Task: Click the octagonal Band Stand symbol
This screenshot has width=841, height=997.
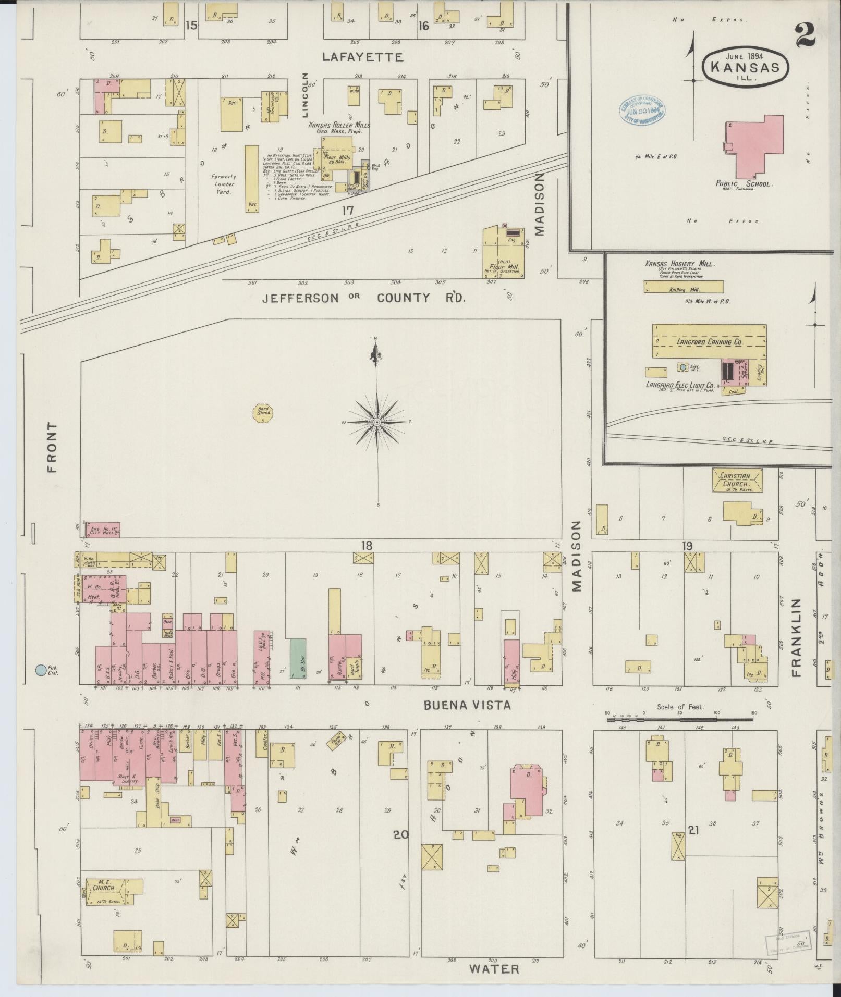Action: tap(264, 413)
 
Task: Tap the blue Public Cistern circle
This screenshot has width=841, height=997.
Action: tap(40, 670)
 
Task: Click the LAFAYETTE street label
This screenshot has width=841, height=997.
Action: tap(362, 57)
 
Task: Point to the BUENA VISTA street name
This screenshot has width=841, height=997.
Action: tap(467, 705)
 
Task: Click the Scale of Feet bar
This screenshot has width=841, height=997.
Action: tap(680, 720)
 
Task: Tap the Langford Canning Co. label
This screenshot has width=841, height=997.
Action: tap(709, 342)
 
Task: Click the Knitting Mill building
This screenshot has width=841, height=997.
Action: tap(684, 287)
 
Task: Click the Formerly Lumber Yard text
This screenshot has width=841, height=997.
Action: tap(223, 184)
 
